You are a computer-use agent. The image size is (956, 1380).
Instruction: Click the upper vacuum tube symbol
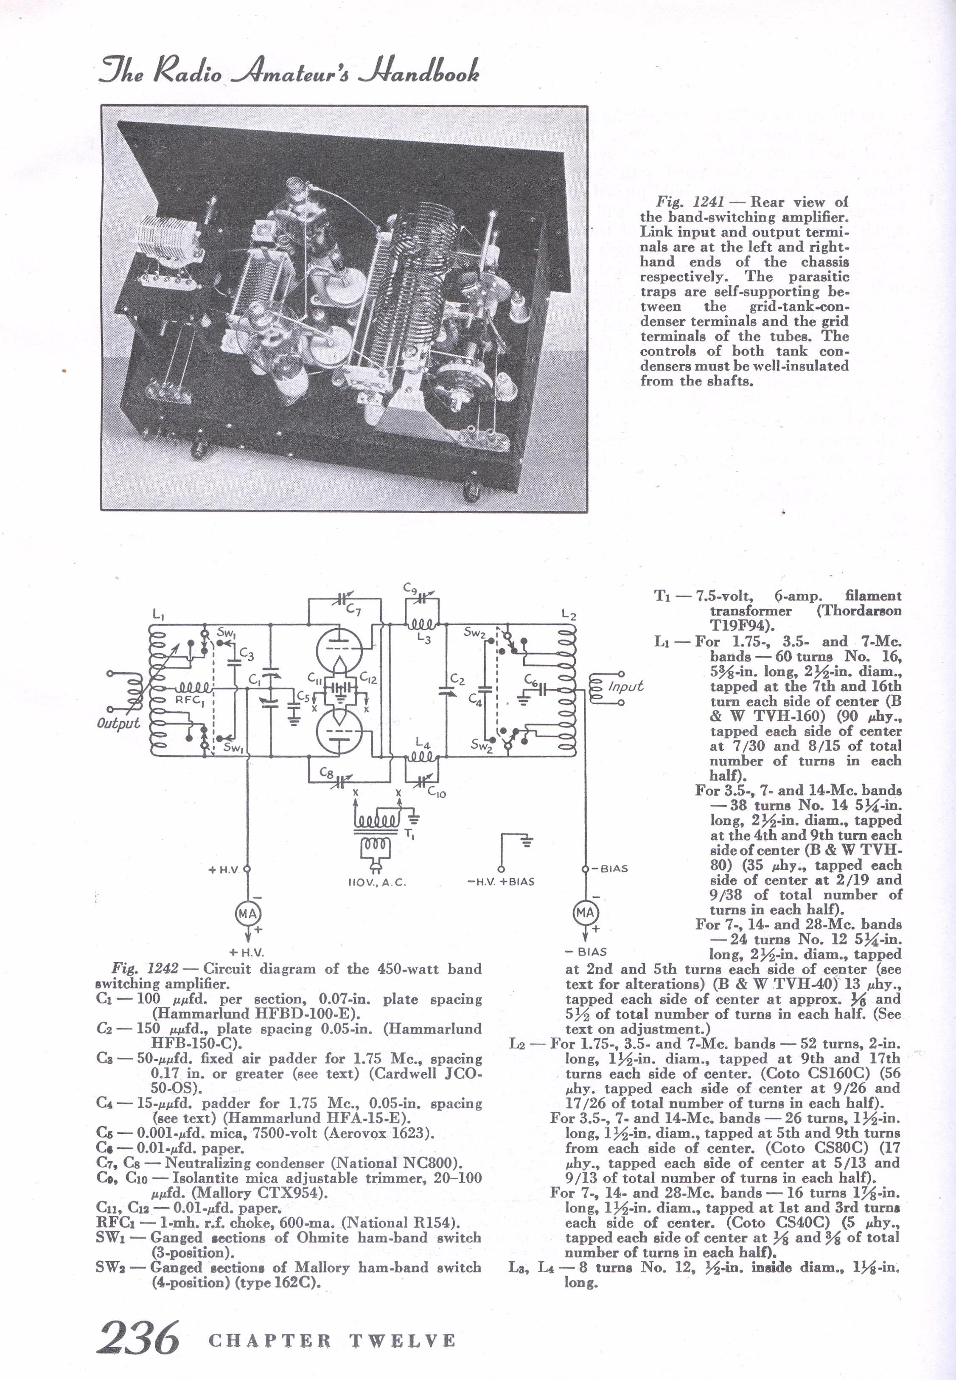click(339, 651)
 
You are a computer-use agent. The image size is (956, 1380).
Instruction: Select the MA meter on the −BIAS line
click(585, 913)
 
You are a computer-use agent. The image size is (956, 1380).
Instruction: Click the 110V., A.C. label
click(376, 883)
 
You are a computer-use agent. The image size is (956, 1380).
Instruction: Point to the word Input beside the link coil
click(625, 686)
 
